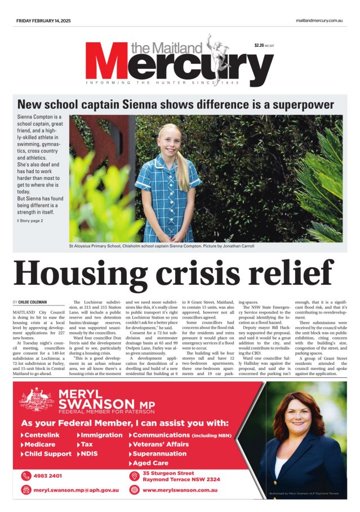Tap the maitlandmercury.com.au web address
click(319, 21)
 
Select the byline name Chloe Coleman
click(34, 303)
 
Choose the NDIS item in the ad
click(92, 454)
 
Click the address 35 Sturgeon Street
click(168, 473)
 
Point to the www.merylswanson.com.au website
click(180, 490)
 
